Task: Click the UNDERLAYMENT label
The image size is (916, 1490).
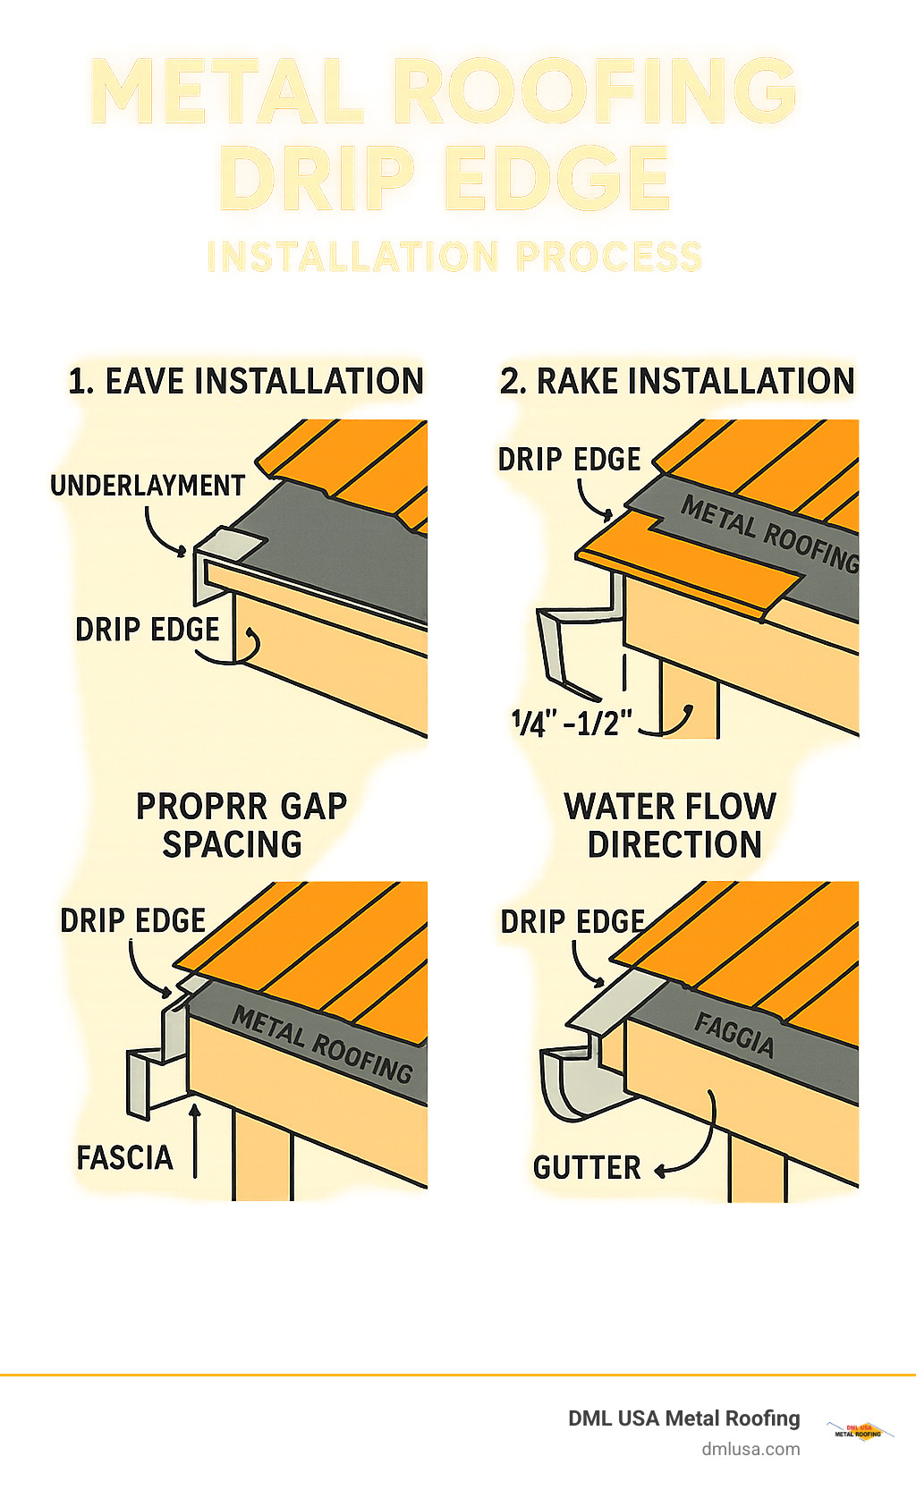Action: [x=148, y=486]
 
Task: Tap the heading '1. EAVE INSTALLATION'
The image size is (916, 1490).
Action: [x=246, y=382]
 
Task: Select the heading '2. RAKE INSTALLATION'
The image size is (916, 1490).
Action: [x=677, y=382]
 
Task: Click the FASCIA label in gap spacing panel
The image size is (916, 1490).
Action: [x=124, y=1158]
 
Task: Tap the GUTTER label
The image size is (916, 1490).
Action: [x=587, y=1168]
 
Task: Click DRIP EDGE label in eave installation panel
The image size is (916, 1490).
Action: [x=148, y=630]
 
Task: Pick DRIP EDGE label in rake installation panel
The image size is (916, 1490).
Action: [x=570, y=460]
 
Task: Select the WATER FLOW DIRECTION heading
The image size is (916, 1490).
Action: [x=672, y=825]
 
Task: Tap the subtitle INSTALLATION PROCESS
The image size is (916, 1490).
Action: [x=454, y=257]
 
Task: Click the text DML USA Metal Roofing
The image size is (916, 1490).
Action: [x=684, y=1418]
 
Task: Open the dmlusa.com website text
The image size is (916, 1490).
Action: [x=751, y=1449]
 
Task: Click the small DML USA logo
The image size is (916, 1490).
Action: [x=859, y=1430]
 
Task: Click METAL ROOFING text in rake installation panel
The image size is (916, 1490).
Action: [x=770, y=534]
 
